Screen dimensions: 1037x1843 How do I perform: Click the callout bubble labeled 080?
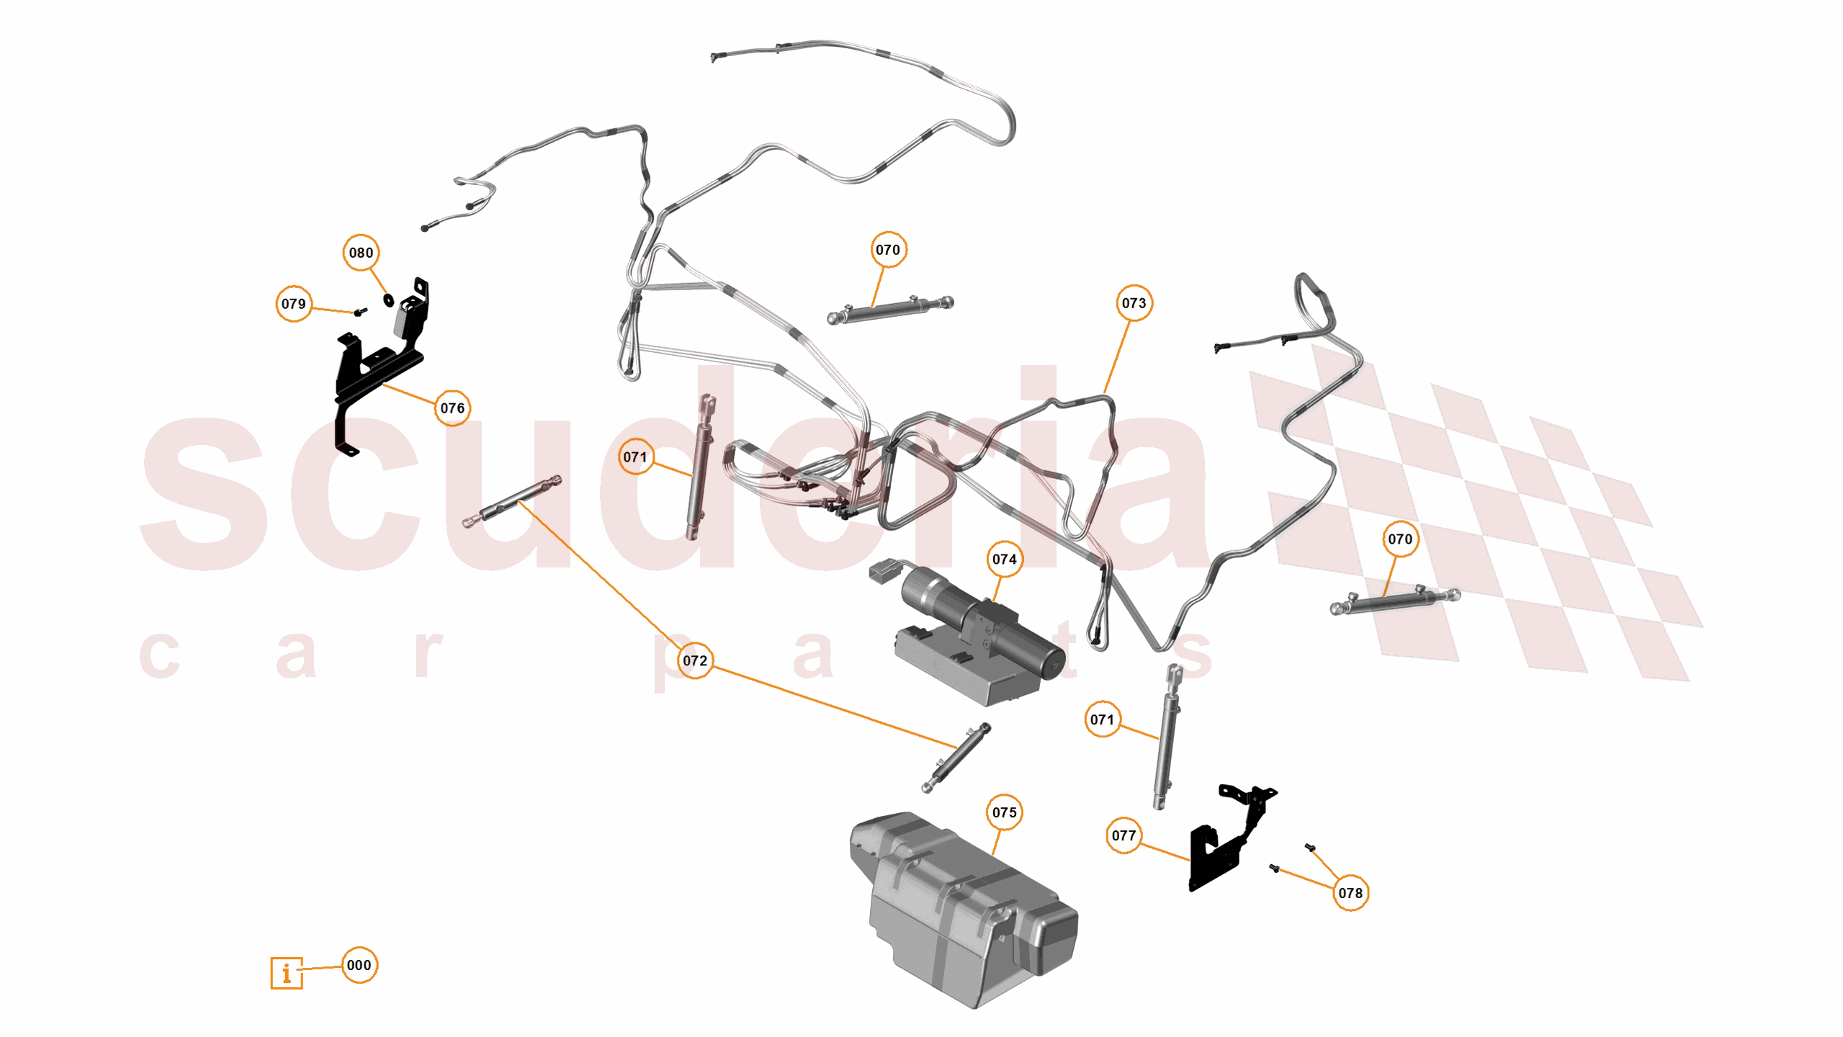click(x=361, y=253)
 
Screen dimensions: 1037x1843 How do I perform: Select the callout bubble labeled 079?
click(x=293, y=304)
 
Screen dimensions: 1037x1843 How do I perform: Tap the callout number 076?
click(x=452, y=408)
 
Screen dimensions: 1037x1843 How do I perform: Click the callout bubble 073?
click(x=1134, y=303)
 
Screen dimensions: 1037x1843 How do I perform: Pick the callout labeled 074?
click(x=1004, y=560)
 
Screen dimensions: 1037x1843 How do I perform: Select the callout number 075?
click(x=1004, y=813)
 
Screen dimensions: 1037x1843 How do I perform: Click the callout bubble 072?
click(x=695, y=661)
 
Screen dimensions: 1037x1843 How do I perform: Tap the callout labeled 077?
click(x=1124, y=836)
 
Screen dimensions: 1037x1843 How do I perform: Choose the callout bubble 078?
click(x=1350, y=894)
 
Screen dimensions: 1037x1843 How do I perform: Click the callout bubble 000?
click(x=359, y=966)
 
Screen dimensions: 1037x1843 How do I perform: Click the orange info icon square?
click(x=287, y=974)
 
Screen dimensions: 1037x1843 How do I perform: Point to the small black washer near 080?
click(x=389, y=300)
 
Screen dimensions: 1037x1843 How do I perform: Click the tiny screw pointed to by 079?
click(x=360, y=312)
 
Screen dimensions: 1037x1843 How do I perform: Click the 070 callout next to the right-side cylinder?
click(x=1399, y=539)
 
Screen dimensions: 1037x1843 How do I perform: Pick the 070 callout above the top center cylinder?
click(x=887, y=250)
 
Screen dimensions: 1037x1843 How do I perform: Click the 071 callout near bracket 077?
click(x=1102, y=719)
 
